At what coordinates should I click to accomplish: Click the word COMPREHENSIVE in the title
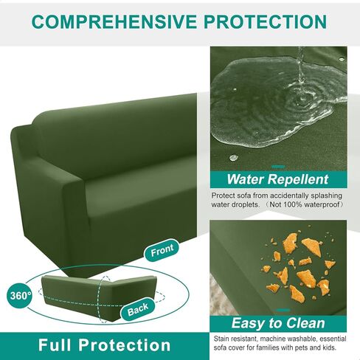pyautogui.click(x=114, y=22)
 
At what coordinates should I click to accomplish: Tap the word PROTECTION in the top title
pyautogui.click(x=265, y=22)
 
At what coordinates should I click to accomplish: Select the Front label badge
pyautogui.click(x=162, y=250)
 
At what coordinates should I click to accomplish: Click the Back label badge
pyautogui.click(x=138, y=309)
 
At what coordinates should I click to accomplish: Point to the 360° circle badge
pyautogui.click(x=21, y=296)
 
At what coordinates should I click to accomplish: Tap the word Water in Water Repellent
pyautogui.click(x=245, y=179)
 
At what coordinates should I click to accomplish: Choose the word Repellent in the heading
pyautogui.click(x=298, y=179)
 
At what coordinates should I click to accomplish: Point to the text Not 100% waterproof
pyautogui.click(x=305, y=204)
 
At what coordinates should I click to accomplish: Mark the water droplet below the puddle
pyautogui.click(x=233, y=157)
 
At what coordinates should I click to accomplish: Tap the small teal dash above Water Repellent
pyautogui.click(x=278, y=167)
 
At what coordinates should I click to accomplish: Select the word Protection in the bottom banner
pyautogui.click(x=125, y=345)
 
